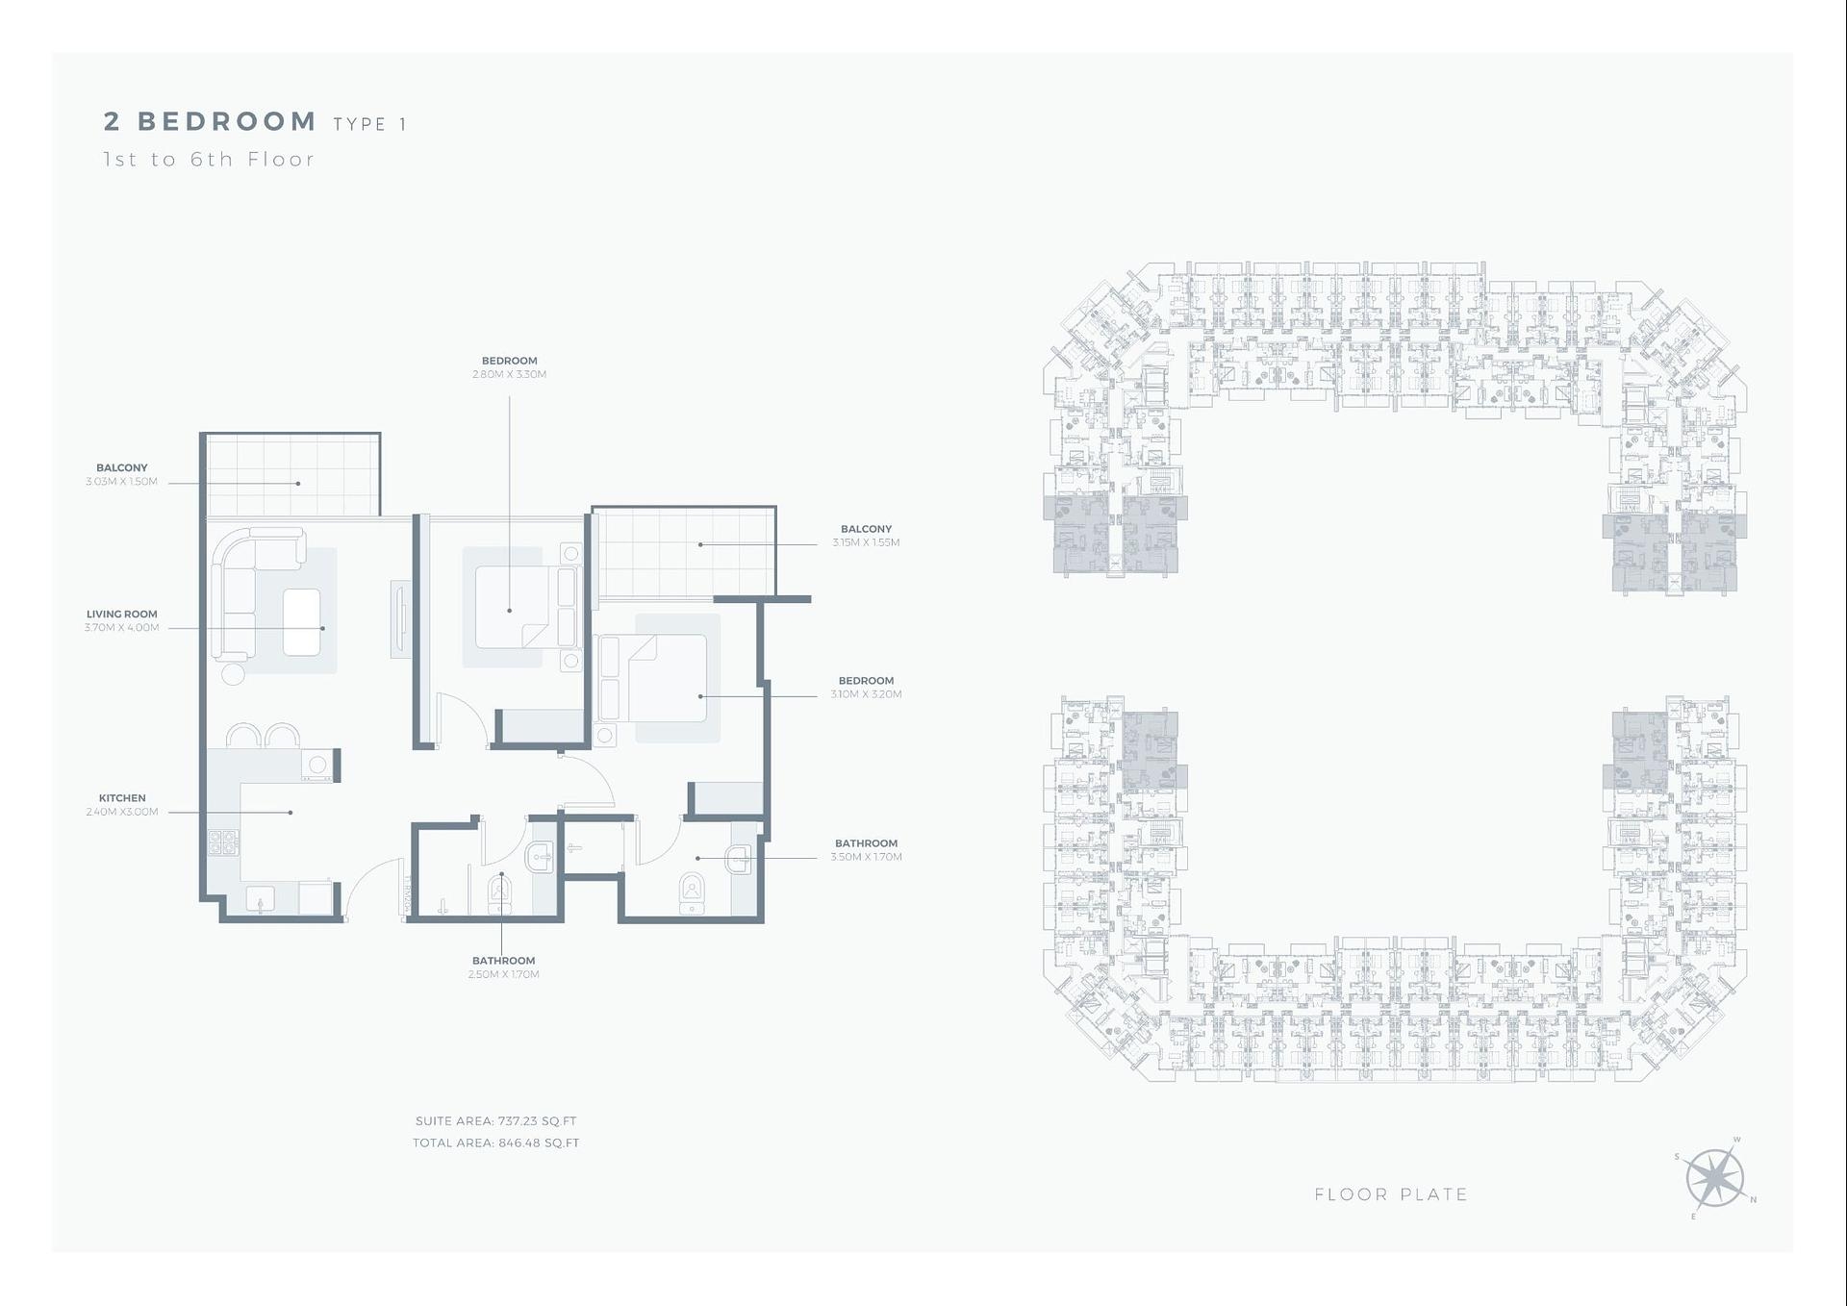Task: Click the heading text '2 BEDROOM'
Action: tap(210, 121)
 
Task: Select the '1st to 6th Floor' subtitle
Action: tap(209, 160)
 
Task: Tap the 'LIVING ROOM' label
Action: tap(121, 614)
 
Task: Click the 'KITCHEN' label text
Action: tap(122, 798)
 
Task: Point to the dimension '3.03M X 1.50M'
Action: tap(121, 482)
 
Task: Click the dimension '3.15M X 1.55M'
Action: tap(866, 542)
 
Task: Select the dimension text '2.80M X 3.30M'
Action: tap(509, 374)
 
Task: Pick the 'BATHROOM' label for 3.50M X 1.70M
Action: tap(866, 843)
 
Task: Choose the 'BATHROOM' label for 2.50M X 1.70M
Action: tap(503, 961)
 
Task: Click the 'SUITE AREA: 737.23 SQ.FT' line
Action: tap(495, 1121)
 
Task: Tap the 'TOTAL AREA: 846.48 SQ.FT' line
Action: tap(495, 1143)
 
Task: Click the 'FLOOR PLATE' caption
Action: tap(1390, 1194)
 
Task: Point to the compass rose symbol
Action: tap(1715, 1179)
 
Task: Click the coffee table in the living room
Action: tap(301, 622)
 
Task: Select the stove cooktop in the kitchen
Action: tap(223, 843)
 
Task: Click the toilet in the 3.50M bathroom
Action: tap(692, 892)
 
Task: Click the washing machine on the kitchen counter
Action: tap(316, 765)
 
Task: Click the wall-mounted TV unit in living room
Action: tap(400, 619)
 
